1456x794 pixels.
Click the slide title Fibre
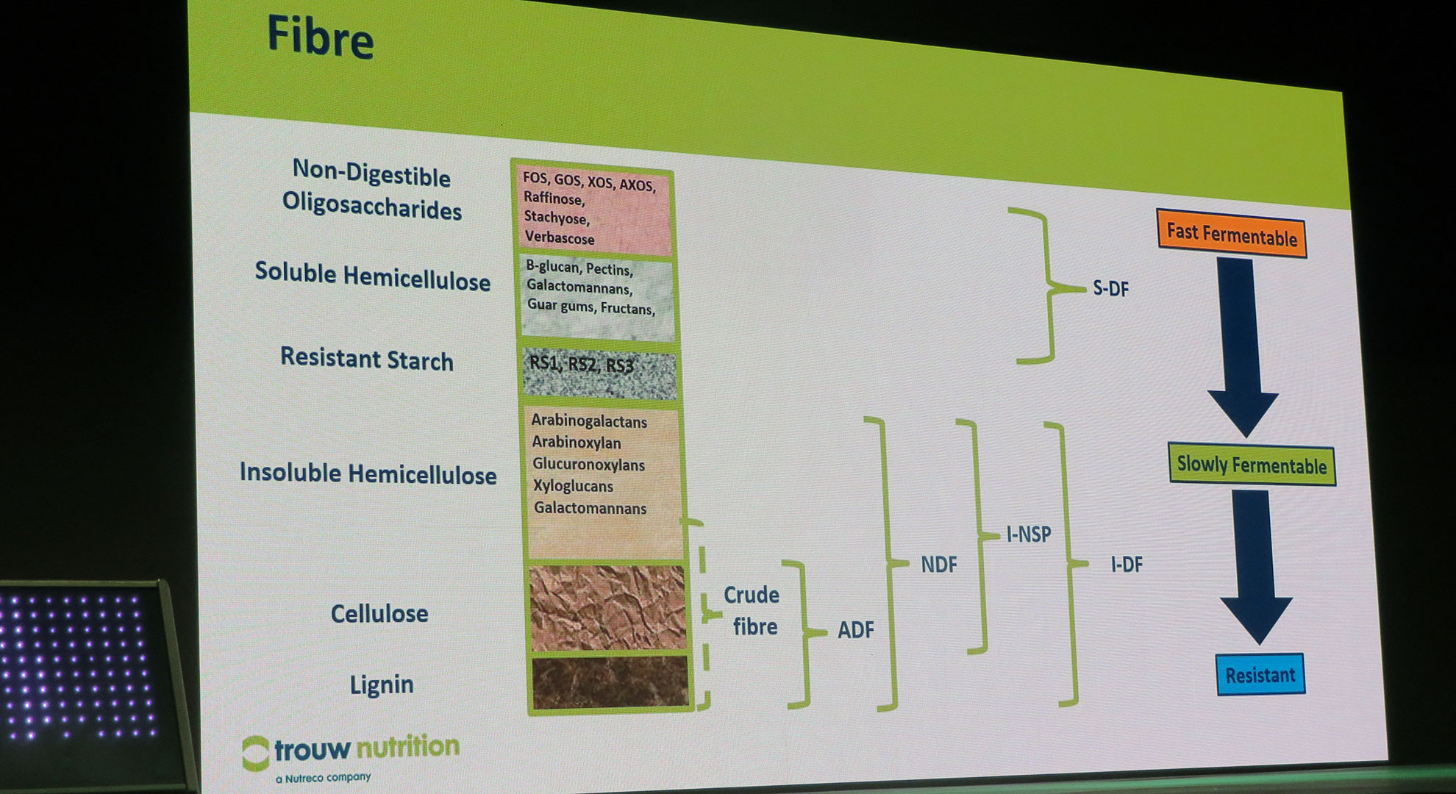320,37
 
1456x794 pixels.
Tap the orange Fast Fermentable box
1232,234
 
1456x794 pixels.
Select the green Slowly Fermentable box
1252,465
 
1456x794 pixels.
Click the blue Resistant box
1260,674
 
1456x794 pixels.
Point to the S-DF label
1110,288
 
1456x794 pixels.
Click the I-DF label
1127,565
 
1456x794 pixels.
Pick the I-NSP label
1029,534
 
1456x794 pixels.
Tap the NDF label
939,565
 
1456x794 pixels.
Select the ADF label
855,629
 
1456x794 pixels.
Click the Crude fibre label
752,610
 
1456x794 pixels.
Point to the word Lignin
382,685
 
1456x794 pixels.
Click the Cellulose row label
379,613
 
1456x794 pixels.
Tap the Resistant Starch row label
367,359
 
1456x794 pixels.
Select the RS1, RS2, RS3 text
582,364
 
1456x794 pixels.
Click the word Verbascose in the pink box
560,237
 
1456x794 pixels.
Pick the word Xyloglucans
574,486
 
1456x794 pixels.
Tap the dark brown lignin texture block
610,683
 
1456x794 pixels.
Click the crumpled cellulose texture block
607,608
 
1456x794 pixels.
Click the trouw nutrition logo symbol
256,754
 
